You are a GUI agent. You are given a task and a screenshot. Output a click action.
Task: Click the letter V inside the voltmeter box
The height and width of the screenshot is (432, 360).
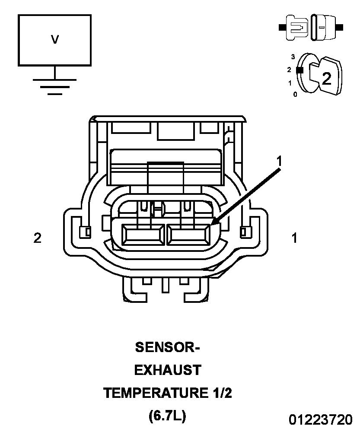tap(55, 39)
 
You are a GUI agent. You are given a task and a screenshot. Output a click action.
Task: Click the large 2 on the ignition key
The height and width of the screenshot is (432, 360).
tap(327, 79)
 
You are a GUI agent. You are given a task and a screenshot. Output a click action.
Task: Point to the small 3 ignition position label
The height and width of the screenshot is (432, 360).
tap(293, 57)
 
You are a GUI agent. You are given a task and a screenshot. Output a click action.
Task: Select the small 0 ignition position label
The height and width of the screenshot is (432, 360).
tap(295, 95)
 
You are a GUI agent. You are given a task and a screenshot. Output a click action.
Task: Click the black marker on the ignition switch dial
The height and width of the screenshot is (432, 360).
tap(299, 70)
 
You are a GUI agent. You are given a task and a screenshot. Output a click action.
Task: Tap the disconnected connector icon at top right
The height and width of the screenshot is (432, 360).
tap(311, 27)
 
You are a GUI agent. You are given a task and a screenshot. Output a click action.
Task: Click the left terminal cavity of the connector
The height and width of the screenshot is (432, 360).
tap(143, 235)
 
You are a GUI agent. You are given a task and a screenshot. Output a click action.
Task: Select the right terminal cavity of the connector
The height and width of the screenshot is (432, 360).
tap(188, 235)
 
